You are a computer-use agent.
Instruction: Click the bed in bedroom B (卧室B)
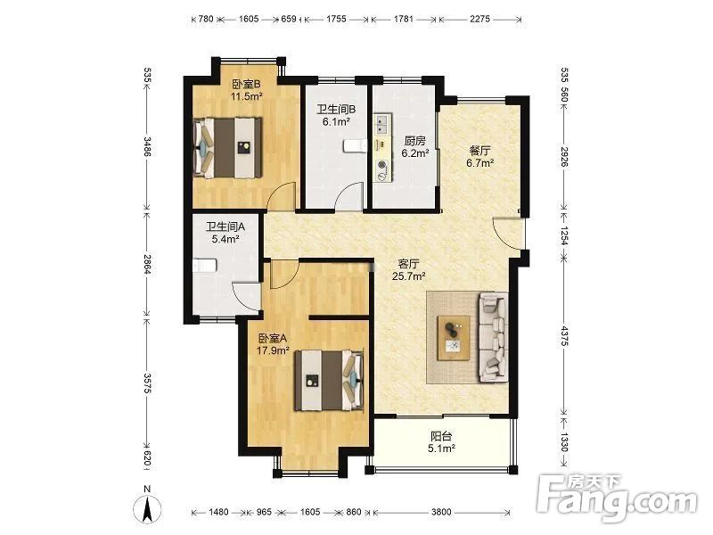point(228,147)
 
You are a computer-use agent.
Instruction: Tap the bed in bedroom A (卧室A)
point(329,380)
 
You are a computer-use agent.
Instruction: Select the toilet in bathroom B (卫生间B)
point(355,145)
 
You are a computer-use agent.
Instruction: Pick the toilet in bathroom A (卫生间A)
point(204,265)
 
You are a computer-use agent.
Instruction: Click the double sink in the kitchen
point(381,124)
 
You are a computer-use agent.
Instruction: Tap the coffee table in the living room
point(454,338)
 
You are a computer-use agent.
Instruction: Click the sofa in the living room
point(493,337)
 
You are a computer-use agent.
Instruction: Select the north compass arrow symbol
point(147,509)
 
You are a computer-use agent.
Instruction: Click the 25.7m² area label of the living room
point(409,276)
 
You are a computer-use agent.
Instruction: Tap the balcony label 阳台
point(441,436)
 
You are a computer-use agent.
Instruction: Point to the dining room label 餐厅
point(480,150)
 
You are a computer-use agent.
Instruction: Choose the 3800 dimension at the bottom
point(441,512)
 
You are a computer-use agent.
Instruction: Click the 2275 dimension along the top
point(479,19)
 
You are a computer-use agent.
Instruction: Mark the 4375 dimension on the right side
point(564,336)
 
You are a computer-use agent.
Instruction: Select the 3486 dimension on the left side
point(147,146)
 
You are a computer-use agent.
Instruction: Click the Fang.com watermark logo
point(617,499)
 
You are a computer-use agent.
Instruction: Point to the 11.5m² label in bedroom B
point(247,96)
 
